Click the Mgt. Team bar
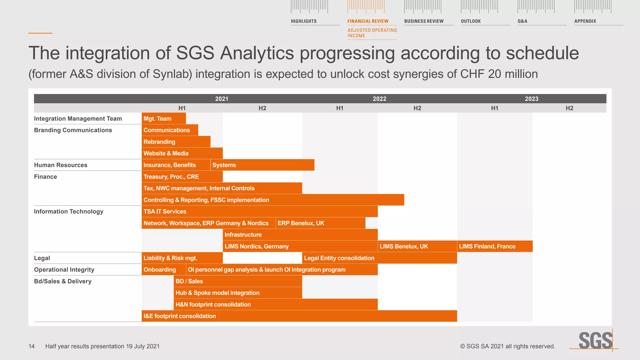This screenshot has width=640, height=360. pyautogui.click(x=163, y=118)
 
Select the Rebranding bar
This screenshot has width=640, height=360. pyautogui.click(x=176, y=142)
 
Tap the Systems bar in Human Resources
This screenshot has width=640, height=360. pyautogui.click(x=262, y=165)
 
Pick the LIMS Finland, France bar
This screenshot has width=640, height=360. pyautogui.click(x=495, y=246)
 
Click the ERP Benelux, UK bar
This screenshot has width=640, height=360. pyautogui.click(x=320, y=223)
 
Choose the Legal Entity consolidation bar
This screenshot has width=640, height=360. pyautogui.click(x=380, y=258)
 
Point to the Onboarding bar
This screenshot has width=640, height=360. pyautogui.click(x=163, y=270)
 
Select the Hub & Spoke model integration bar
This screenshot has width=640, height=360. pyautogui.click(x=238, y=293)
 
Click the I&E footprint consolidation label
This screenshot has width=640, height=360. pyautogui.click(x=180, y=316)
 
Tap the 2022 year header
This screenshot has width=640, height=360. pyautogui.click(x=379, y=99)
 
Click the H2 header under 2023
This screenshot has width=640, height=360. pyautogui.click(x=569, y=108)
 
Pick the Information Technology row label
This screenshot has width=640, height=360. pyautogui.click(x=68, y=212)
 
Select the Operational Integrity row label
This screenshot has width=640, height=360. pyautogui.click(x=64, y=270)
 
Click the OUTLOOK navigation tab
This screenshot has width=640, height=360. pyautogui.click(x=471, y=21)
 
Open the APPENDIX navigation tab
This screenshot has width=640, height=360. pyautogui.click(x=585, y=21)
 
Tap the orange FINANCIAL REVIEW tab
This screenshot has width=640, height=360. pyautogui.click(x=368, y=21)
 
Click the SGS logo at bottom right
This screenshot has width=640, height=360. pyautogui.click(x=595, y=341)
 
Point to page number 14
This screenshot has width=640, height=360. pyautogui.click(x=32, y=346)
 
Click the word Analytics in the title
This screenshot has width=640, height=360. pyautogui.click(x=257, y=53)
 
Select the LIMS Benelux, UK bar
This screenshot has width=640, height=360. pyautogui.click(x=417, y=246)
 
